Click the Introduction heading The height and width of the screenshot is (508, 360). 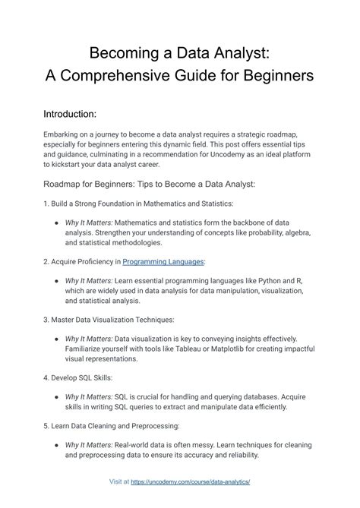[x=70, y=114]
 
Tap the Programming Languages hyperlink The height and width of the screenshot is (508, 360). [x=163, y=261]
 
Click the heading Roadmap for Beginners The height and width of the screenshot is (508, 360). [x=115, y=184]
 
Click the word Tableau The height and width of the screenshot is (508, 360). [x=197, y=349]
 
